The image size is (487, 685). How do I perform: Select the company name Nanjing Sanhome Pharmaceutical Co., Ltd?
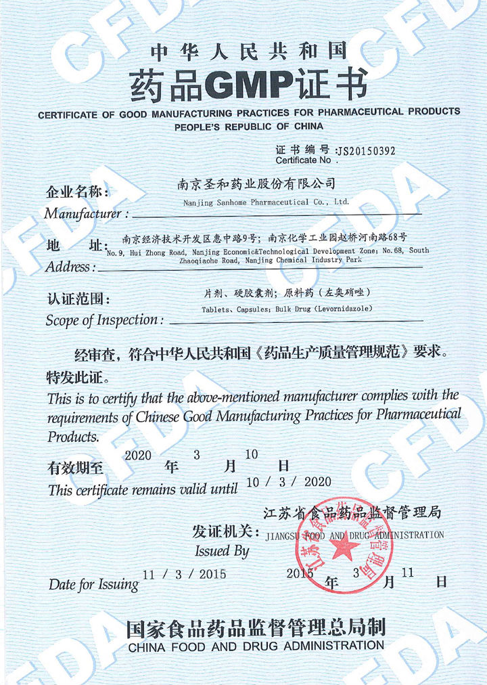[266, 202]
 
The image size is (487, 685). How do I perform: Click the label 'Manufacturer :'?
[87, 214]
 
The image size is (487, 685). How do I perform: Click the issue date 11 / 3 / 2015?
[185, 574]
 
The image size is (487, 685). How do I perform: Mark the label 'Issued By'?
[222, 551]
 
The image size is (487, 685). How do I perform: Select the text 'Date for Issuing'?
[93, 583]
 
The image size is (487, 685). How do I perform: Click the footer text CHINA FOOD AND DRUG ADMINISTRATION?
[256, 646]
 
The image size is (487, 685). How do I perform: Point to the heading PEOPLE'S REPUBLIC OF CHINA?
[249, 127]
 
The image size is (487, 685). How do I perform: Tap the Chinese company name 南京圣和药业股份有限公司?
[256, 183]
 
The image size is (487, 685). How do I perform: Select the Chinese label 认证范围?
[77, 299]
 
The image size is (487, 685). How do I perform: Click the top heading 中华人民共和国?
[248, 51]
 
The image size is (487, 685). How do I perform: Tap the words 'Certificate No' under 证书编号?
[303, 160]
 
